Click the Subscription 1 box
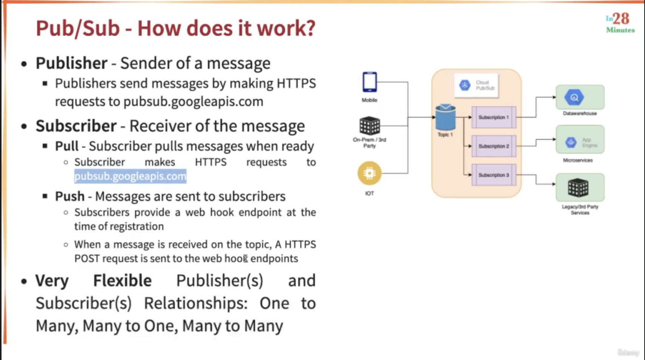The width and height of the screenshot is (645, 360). (x=494, y=117)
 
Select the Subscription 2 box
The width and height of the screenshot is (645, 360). (x=494, y=146)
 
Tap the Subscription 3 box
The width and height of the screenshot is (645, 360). (x=494, y=175)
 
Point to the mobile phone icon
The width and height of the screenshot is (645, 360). (x=370, y=82)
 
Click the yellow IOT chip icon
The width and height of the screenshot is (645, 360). (x=369, y=173)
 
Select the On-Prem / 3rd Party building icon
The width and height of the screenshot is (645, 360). (x=370, y=126)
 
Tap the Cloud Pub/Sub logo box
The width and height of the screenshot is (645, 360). (x=476, y=85)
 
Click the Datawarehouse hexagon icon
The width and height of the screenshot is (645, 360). (x=574, y=97)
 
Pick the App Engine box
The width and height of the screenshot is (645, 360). (x=580, y=140)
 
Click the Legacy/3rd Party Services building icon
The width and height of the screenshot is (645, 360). (x=578, y=188)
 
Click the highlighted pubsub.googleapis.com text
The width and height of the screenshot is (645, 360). (x=130, y=176)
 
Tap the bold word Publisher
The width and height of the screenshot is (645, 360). (x=71, y=63)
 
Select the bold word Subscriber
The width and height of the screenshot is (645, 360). (x=76, y=126)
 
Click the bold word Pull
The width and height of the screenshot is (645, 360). (x=67, y=146)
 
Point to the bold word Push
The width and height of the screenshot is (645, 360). (x=70, y=196)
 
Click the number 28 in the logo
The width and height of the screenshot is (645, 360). (x=621, y=19)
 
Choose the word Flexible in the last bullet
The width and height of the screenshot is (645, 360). (x=122, y=280)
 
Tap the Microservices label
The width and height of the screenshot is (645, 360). (x=578, y=160)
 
